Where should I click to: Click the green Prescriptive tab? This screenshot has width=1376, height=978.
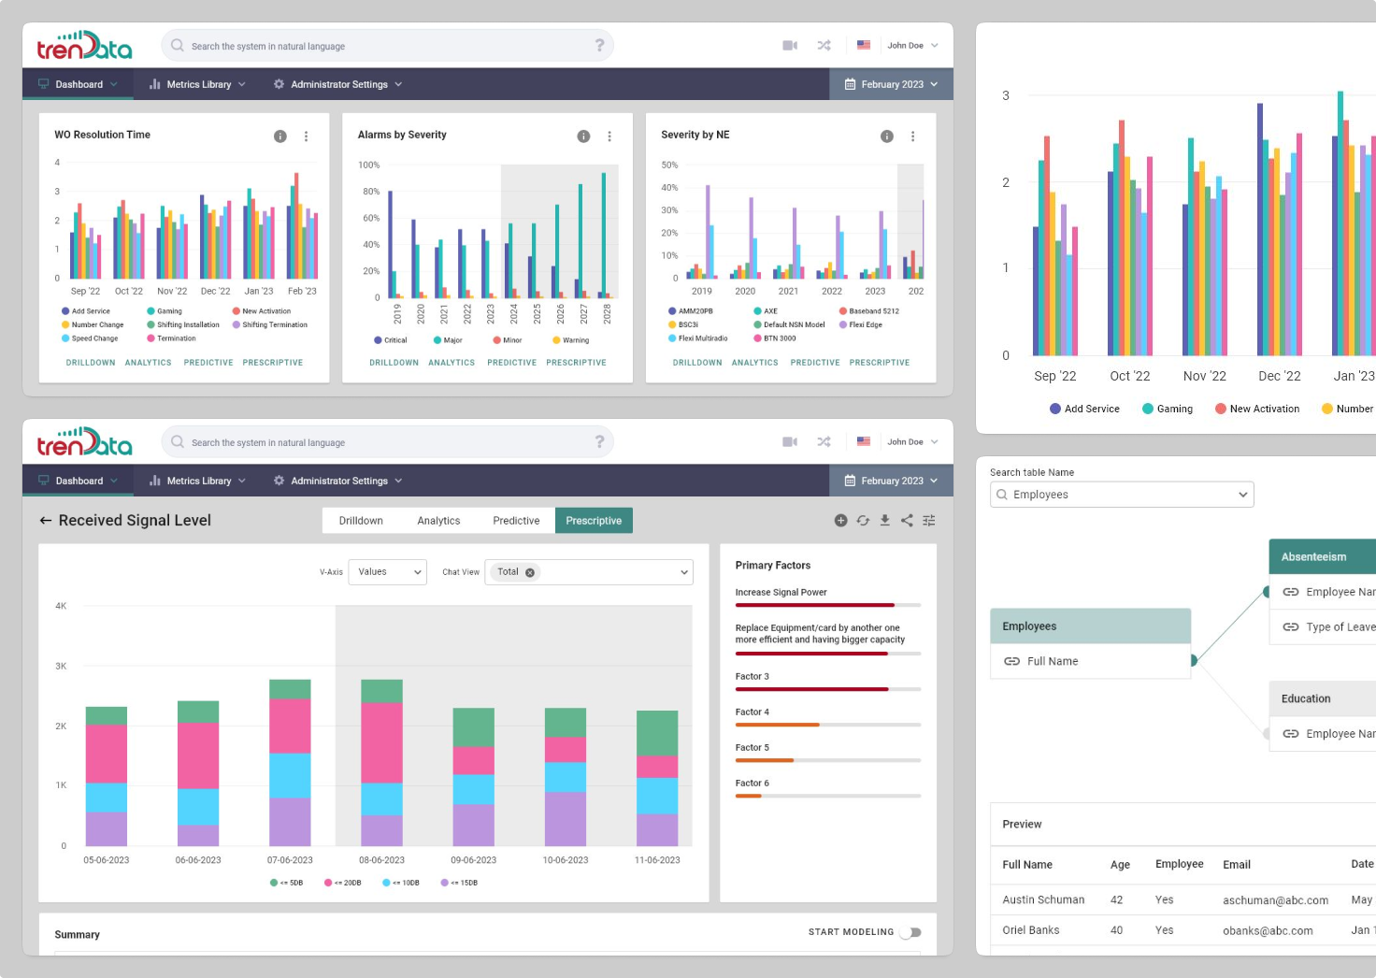(x=594, y=521)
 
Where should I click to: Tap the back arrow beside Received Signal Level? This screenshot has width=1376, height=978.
(x=45, y=521)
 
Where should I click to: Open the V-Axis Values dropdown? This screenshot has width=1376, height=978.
(x=387, y=572)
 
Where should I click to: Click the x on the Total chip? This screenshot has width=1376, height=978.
(x=530, y=572)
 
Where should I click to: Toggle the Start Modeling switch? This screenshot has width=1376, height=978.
(x=910, y=932)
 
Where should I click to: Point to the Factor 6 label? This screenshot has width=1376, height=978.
(x=752, y=784)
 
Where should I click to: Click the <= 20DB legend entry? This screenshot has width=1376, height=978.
(x=343, y=883)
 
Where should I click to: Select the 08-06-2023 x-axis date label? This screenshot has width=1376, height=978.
(x=381, y=860)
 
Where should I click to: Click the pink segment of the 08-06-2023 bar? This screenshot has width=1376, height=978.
(x=381, y=742)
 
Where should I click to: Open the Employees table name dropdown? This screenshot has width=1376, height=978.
(x=1121, y=495)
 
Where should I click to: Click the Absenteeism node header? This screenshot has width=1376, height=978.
(x=1314, y=557)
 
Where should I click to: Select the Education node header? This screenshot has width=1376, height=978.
(x=1306, y=698)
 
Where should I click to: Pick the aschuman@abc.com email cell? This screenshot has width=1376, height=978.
(x=1275, y=900)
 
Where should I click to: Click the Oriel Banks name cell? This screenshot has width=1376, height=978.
(x=1031, y=930)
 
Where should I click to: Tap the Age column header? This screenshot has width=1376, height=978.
(x=1120, y=865)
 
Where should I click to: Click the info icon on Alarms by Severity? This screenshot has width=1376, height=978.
(x=583, y=137)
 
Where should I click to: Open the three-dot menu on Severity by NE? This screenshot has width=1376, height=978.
(x=913, y=137)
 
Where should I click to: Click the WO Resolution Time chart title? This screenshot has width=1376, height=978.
(x=103, y=135)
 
